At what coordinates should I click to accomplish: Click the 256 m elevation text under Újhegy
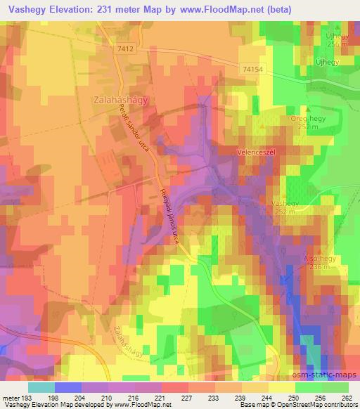(337, 44)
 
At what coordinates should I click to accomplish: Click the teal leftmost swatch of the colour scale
(41, 387)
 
